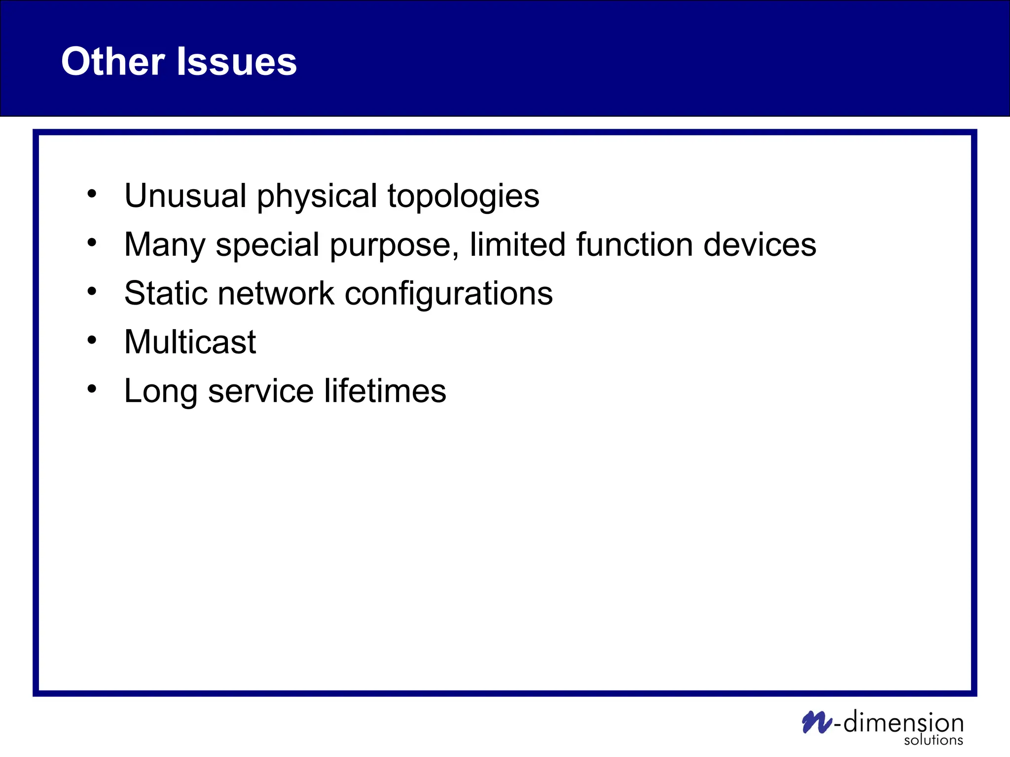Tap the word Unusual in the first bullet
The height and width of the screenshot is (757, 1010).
tap(185, 196)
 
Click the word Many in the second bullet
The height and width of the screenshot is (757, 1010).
tap(164, 245)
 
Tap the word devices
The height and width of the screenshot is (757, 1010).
tap(759, 244)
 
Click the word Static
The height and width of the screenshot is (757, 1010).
tap(166, 293)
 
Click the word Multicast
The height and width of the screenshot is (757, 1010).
tap(190, 342)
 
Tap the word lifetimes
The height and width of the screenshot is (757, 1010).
tap(385, 390)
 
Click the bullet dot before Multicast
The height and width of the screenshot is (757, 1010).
tap(92, 340)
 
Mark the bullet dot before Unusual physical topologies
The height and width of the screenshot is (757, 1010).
tap(92, 194)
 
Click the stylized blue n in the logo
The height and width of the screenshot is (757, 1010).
tap(817, 723)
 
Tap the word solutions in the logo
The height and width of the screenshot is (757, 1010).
tap(933, 740)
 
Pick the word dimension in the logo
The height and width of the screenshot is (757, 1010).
tap(903, 723)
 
